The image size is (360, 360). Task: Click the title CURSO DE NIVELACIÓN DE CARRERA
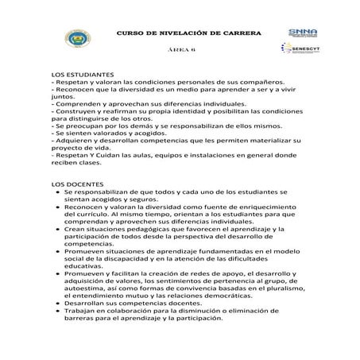[180, 33]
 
